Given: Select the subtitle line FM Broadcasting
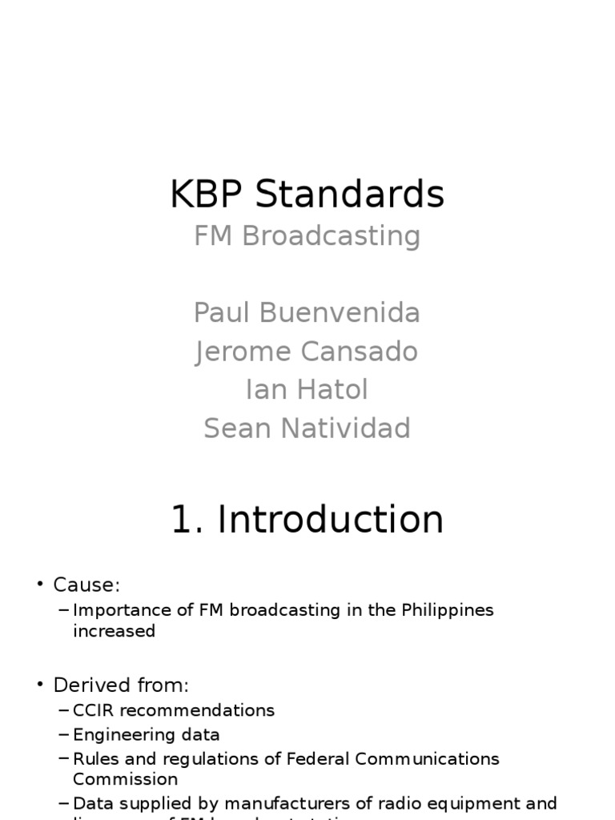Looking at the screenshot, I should coord(307,236).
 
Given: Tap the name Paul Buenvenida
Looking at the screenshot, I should coord(307,313).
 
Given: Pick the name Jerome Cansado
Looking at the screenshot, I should coord(307,352).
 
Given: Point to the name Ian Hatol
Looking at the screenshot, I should coord(307,390).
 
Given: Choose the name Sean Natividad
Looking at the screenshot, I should coord(307,428).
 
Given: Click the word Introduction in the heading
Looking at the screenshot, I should coord(331,520).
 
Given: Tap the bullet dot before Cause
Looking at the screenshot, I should coord(40,585).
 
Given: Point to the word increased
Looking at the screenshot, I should coord(114,631).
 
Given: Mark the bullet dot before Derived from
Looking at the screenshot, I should coord(40,685).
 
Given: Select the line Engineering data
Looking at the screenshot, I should coord(146,734).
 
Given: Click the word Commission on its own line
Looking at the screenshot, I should coord(125,779).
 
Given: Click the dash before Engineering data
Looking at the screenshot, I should coord(64,734).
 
